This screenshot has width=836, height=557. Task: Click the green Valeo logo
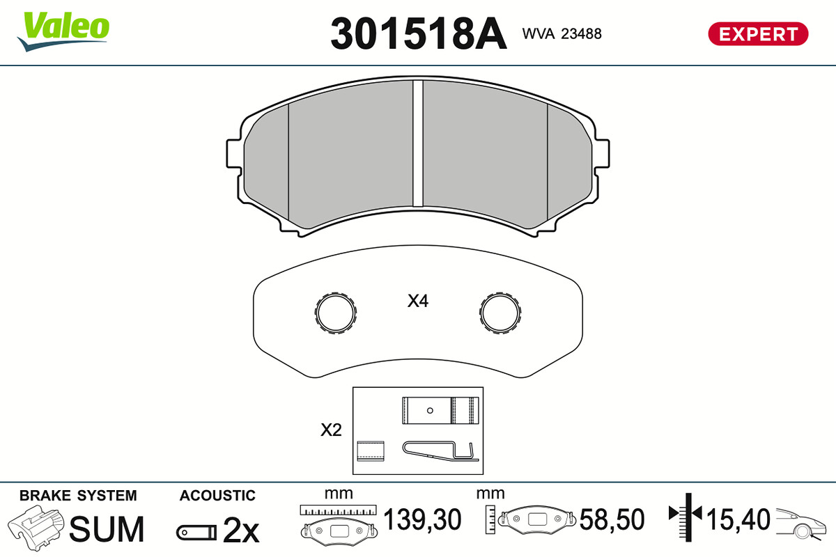tap(63, 31)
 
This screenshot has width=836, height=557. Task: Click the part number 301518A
tap(419, 33)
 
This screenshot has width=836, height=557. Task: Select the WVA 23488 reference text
tap(562, 34)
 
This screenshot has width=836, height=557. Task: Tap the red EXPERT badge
tap(758, 34)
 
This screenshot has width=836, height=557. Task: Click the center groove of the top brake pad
tap(418, 143)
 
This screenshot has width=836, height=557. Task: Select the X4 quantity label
tap(418, 301)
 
